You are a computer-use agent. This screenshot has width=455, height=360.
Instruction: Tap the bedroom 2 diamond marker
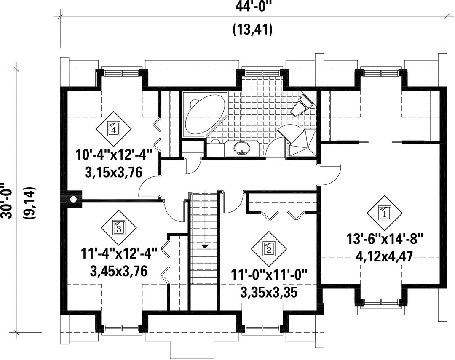pyautogui.click(x=269, y=249)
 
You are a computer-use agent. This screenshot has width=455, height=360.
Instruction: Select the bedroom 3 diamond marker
pyautogui.click(x=118, y=227)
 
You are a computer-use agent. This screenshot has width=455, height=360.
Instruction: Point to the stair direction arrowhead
pyautogui.click(x=205, y=247)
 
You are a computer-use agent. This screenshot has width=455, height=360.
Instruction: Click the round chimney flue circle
pyautogui.click(x=74, y=199)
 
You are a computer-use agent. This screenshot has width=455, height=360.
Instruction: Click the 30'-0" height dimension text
pyautogui.click(x=6, y=200)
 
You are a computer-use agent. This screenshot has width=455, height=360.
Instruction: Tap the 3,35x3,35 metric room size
pyautogui.click(x=269, y=293)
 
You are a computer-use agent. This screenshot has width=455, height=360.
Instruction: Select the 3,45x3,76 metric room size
pyautogui.click(x=119, y=272)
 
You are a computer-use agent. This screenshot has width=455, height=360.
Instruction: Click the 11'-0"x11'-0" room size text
pyautogui.click(x=269, y=275)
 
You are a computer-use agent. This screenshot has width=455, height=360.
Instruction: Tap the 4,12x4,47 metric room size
pyautogui.click(x=385, y=257)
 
